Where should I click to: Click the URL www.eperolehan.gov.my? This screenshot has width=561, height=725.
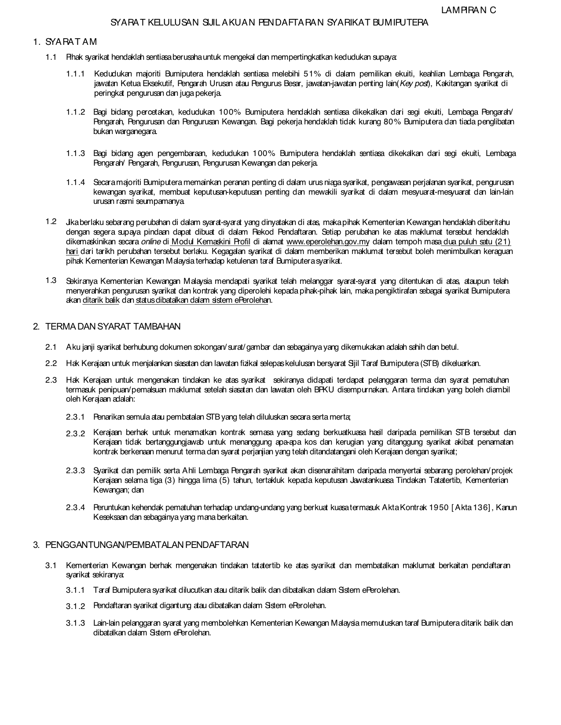coord(328,242)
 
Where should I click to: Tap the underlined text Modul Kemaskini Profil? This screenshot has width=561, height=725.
coord(211,242)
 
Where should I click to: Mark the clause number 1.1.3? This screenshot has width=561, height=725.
coord(76,153)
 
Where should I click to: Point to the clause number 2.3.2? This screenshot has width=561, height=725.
coord(76,434)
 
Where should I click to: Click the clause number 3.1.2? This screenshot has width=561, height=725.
coord(76,606)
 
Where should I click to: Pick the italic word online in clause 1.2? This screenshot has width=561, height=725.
coord(151,242)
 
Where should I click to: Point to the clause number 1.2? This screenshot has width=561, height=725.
coord(51,221)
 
